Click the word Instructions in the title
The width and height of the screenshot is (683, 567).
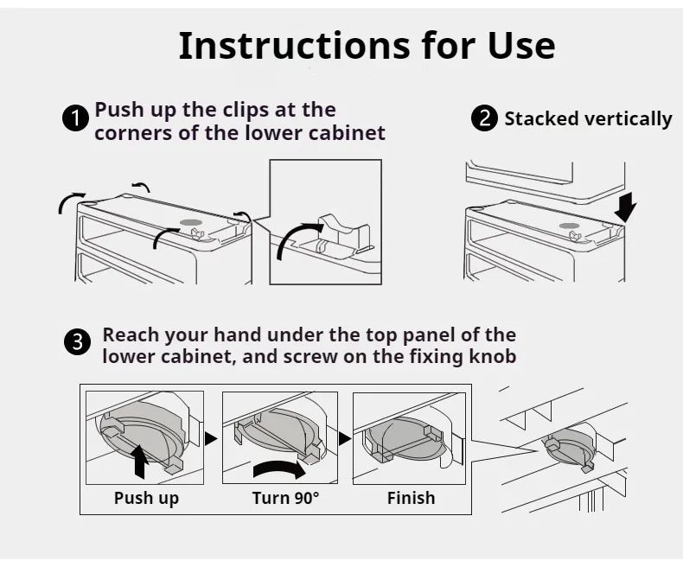click(294, 45)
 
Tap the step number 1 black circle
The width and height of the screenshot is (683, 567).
click(76, 118)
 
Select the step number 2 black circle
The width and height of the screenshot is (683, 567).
click(484, 118)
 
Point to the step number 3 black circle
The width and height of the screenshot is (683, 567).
click(78, 341)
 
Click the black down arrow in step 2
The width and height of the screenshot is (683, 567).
click(625, 208)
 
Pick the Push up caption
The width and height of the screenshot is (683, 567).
click(146, 498)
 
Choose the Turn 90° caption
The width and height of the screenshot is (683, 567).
click(286, 498)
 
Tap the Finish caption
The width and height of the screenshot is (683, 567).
click(412, 498)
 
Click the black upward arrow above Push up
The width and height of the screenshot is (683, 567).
click(138, 461)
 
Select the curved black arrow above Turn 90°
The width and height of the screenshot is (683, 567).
click(278, 468)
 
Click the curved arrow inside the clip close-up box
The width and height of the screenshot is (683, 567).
click(292, 235)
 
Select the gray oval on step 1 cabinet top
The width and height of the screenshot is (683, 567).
click(191, 222)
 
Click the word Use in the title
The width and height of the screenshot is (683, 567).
click(521, 45)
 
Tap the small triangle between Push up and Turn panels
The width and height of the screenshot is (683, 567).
click(211, 438)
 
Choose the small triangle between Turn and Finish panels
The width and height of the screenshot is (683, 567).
click(345, 438)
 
